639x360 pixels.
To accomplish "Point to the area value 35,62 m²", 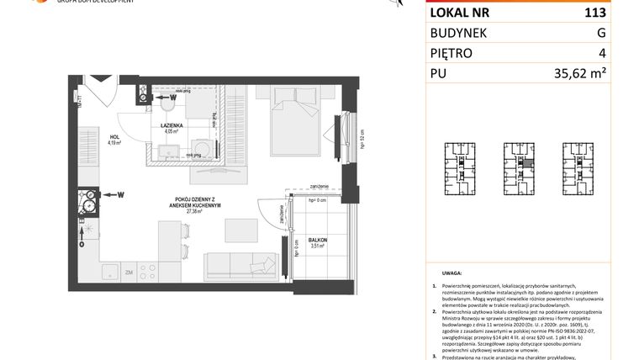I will pyautogui.click(x=580, y=73).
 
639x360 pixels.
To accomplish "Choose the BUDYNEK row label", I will pyautogui.click(x=458, y=33).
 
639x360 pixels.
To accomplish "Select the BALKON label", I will pyautogui.click(x=317, y=241).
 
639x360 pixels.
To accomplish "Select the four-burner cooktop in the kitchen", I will pyautogui.click(x=147, y=271).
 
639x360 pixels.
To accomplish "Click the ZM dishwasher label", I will pyautogui.click(x=128, y=272).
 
